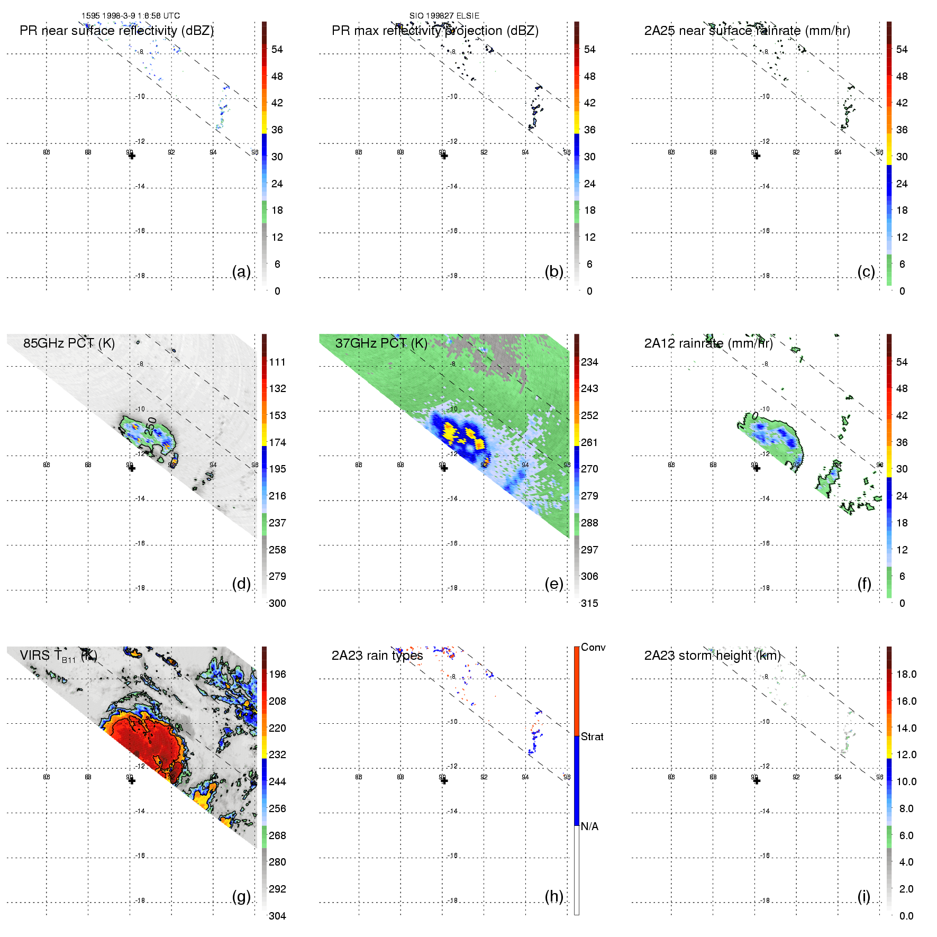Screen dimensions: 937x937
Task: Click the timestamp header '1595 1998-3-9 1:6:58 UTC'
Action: [x=130, y=16]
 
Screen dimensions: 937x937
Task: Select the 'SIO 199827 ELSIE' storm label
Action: [x=444, y=16]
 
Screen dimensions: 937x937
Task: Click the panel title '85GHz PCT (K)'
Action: [x=69, y=343]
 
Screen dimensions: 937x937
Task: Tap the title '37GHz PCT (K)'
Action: [x=381, y=343]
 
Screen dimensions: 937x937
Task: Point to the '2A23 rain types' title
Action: [x=377, y=656]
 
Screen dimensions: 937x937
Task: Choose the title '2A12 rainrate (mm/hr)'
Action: [x=708, y=343]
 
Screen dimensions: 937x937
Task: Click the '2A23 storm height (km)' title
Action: [x=712, y=656]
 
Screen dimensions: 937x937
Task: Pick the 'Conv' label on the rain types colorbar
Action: [x=593, y=647]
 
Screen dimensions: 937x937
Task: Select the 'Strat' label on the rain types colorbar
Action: [x=592, y=736]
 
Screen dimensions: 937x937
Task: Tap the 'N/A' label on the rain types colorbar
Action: [x=589, y=826]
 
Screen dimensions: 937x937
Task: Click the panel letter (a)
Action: [x=241, y=271]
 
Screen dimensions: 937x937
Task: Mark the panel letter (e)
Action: [x=554, y=584]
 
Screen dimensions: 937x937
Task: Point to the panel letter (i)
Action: [x=864, y=896]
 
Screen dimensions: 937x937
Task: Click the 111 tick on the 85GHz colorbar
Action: [x=277, y=362]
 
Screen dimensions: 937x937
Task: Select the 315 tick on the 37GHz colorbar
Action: [x=589, y=603]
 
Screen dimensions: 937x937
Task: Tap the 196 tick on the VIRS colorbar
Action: [x=277, y=674]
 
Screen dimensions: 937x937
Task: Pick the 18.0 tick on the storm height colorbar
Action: [x=906, y=674]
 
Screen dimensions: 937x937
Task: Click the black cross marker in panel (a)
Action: [x=132, y=156]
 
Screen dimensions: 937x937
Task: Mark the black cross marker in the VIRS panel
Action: [x=132, y=780]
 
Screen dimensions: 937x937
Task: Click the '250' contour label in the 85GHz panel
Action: [x=151, y=426]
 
